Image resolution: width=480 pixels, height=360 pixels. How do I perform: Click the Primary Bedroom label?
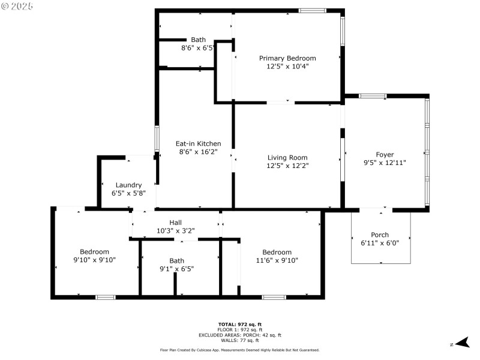tap(287, 58)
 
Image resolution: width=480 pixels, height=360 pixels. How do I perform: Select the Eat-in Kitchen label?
tap(198, 144)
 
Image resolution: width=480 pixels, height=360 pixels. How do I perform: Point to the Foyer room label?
tap(385, 155)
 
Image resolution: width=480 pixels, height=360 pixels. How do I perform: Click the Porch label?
tap(380, 235)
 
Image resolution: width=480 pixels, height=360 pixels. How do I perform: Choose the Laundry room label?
tap(128, 185)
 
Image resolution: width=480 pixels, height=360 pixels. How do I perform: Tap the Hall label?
tap(175, 222)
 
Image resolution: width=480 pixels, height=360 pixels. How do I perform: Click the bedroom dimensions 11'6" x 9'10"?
tap(277, 260)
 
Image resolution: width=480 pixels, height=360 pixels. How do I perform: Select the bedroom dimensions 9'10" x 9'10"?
tap(95, 260)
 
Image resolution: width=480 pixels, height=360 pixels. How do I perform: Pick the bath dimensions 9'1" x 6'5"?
tap(176, 269)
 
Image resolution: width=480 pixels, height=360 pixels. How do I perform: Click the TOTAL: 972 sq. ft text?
tap(239, 324)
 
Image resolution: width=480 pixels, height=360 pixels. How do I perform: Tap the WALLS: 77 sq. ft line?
tap(239, 340)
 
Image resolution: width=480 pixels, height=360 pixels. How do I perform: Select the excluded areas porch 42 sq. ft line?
tap(239, 335)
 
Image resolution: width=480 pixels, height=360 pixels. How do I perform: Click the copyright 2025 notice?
tap(17, 5)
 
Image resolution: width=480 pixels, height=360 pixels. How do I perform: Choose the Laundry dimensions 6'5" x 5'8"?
tap(128, 193)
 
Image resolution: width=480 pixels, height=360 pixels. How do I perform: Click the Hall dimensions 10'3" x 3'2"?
tap(175, 230)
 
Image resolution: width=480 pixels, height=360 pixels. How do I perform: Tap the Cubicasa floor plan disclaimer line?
tap(239, 350)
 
